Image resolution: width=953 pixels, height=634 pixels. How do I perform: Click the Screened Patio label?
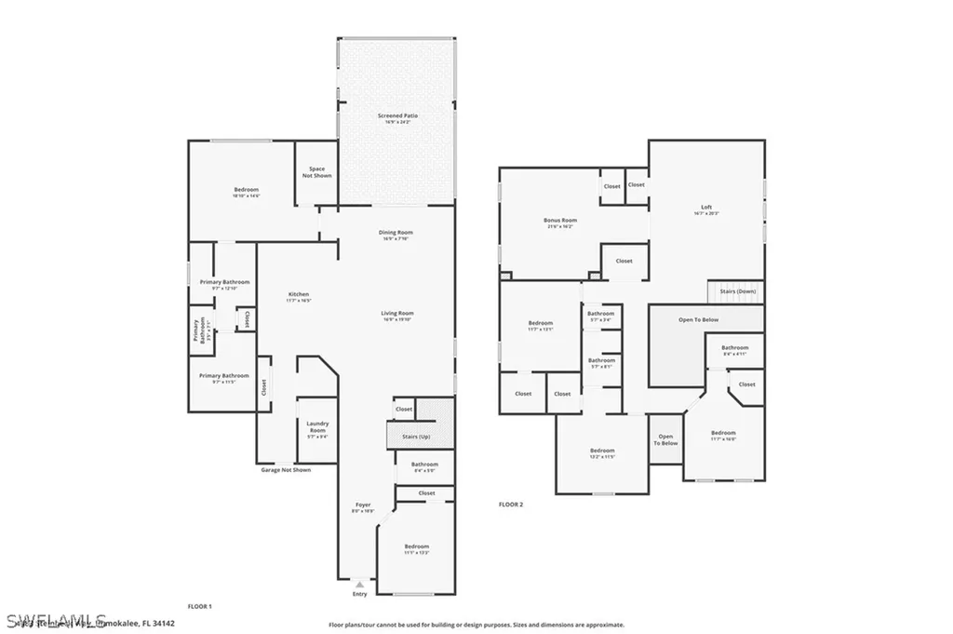(x=397, y=116)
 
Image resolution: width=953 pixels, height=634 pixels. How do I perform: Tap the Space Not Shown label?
(x=317, y=172)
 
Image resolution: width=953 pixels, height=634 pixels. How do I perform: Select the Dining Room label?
(x=396, y=233)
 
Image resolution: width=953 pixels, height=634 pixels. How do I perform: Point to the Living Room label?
(x=396, y=314)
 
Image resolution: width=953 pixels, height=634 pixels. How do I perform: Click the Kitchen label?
(x=298, y=295)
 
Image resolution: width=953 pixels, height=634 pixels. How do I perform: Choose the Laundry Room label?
(x=317, y=427)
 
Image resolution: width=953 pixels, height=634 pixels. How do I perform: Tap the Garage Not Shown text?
(x=286, y=470)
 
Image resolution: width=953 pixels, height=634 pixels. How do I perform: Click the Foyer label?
(x=362, y=505)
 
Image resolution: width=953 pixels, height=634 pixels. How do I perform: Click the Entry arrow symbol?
(x=359, y=585)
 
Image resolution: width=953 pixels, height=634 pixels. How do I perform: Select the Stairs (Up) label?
(x=416, y=436)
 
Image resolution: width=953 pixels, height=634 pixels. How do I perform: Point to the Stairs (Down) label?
(x=740, y=291)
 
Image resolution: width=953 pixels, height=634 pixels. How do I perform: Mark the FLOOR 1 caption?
(x=200, y=606)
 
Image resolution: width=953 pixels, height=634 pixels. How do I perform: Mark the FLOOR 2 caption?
(x=511, y=504)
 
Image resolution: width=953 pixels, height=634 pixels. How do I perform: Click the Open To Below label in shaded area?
(x=698, y=319)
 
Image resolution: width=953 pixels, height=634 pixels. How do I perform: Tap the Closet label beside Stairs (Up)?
(x=404, y=409)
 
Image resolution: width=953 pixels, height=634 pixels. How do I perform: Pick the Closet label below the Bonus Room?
(x=624, y=261)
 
